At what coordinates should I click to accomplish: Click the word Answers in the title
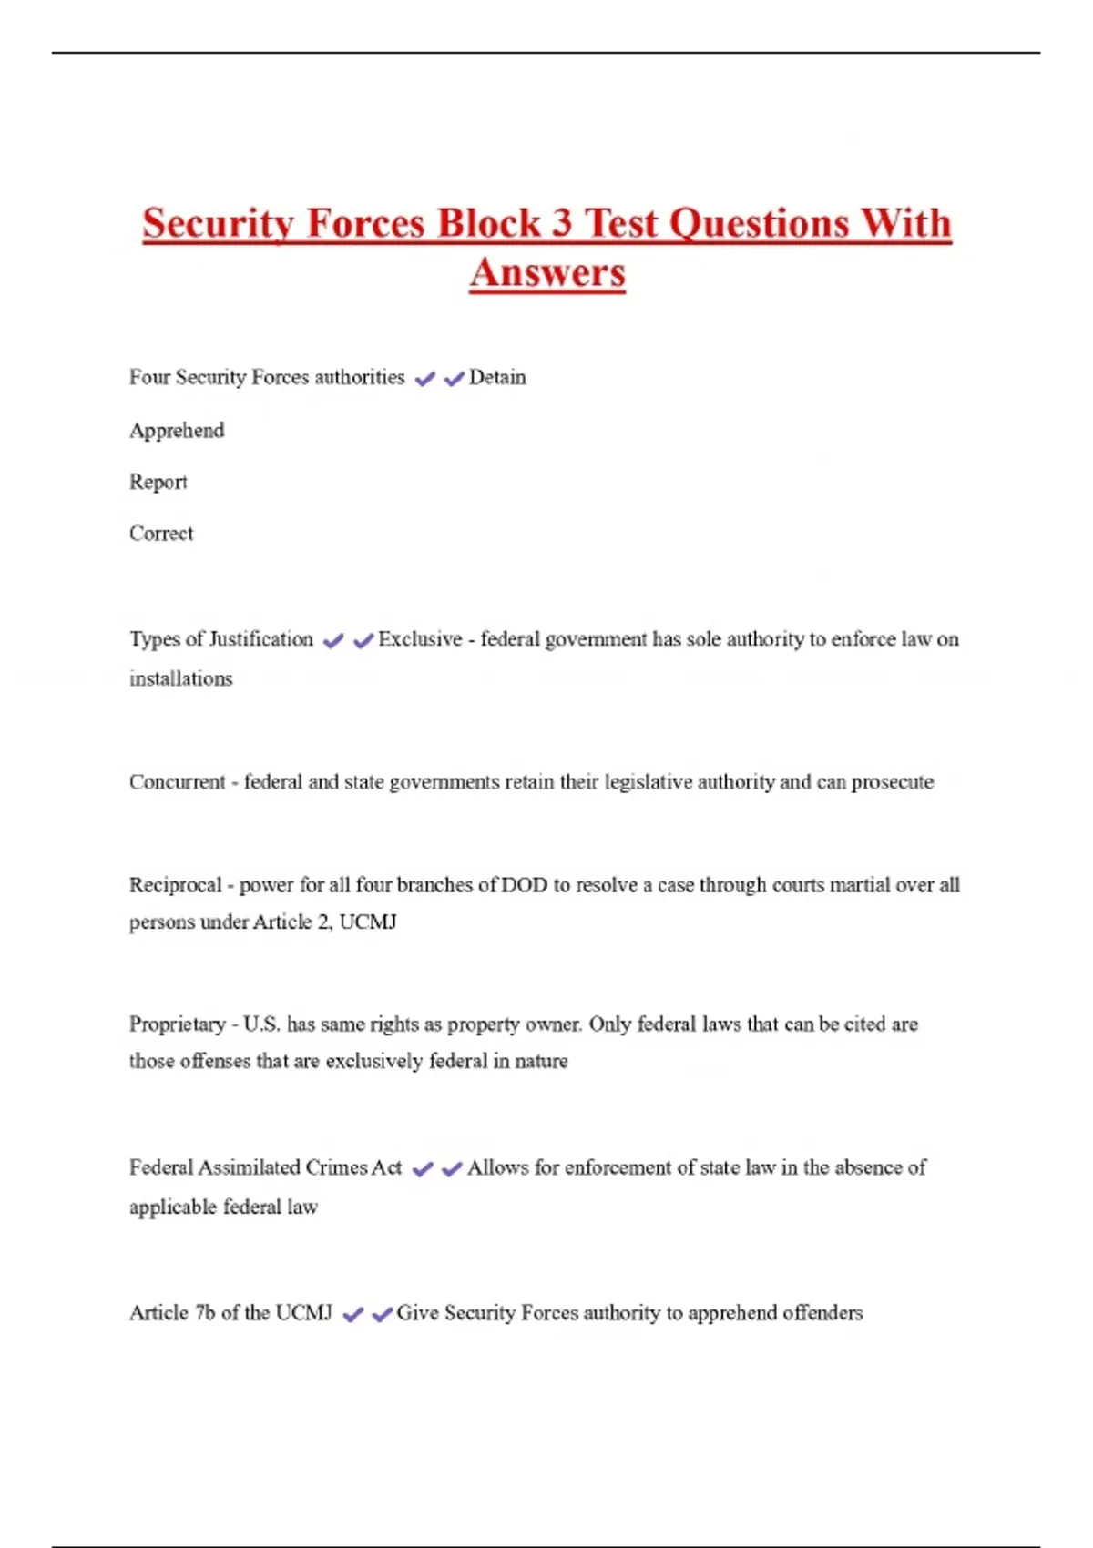click(547, 272)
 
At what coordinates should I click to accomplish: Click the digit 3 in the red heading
click(561, 224)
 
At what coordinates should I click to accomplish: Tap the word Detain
click(497, 377)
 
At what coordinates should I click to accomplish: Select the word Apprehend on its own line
click(177, 430)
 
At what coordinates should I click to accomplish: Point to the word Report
click(158, 482)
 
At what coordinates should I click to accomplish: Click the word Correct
click(161, 534)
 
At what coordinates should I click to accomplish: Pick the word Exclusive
click(420, 639)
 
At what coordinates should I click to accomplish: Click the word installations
click(180, 678)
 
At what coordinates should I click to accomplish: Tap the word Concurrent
click(177, 782)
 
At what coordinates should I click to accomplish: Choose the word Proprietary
click(178, 1024)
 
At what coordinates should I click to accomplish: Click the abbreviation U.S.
click(261, 1024)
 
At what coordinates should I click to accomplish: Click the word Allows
click(497, 1167)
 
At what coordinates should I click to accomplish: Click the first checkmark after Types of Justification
click(333, 641)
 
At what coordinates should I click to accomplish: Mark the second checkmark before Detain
click(454, 379)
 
